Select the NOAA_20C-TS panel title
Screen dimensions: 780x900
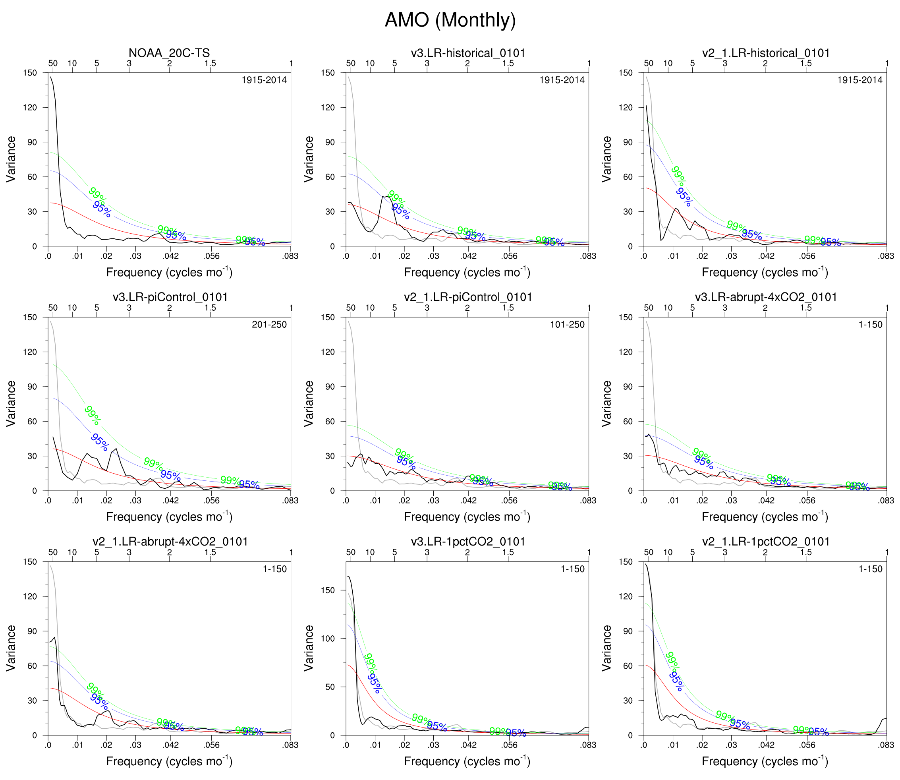169,53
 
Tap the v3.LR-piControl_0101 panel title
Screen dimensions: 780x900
170,297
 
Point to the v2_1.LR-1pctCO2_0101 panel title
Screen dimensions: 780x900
766,542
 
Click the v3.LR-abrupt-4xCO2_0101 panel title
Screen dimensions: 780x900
766,297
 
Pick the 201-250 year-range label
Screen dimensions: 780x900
269,324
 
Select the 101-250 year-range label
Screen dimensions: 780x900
567,324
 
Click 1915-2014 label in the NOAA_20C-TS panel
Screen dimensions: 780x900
264,80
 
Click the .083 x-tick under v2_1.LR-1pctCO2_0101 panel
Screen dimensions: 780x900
886,745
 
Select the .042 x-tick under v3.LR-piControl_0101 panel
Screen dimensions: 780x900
170,501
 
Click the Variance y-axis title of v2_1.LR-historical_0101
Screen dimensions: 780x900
606,159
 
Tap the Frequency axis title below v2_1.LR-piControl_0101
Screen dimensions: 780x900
467,517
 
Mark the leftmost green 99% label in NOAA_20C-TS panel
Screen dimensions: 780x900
97,194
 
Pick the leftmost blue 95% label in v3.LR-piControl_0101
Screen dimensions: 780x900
100,442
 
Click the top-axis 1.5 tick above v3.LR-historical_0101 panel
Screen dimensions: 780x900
508,64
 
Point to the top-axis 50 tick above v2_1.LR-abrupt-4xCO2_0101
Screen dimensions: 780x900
53,552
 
